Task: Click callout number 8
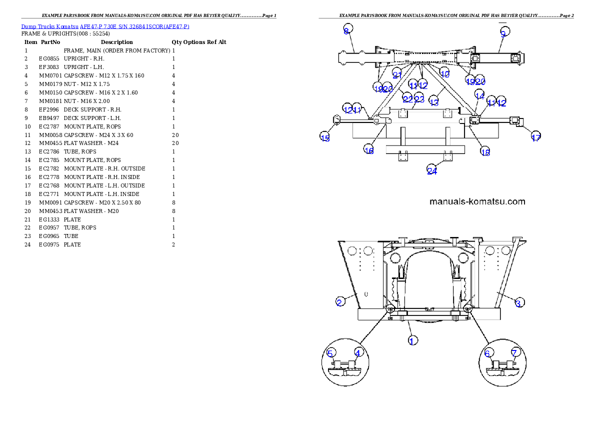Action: click(x=346, y=31)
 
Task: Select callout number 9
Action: click(x=503, y=33)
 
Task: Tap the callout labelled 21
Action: click(x=397, y=75)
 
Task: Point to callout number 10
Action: click(x=444, y=74)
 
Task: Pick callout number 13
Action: click(x=434, y=102)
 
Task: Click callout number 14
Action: click(x=479, y=95)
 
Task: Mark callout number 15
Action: click(x=325, y=138)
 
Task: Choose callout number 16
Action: click(x=369, y=150)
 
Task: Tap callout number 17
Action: click(x=535, y=137)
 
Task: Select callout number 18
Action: click(x=485, y=152)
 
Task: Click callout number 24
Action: click(x=432, y=171)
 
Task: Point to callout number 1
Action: click(x=412, y=340)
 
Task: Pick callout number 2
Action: click(x=339, y=301)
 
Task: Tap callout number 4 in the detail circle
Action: click(x=357, y=352)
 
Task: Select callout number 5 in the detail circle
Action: click(x=330, y=353)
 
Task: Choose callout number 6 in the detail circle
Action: click(x=488, y=353)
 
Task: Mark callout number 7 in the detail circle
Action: click(x=514, y=352)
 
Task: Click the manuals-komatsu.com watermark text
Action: click(x=477, y=201)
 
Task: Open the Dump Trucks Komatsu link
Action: click(x=105, y=26)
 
